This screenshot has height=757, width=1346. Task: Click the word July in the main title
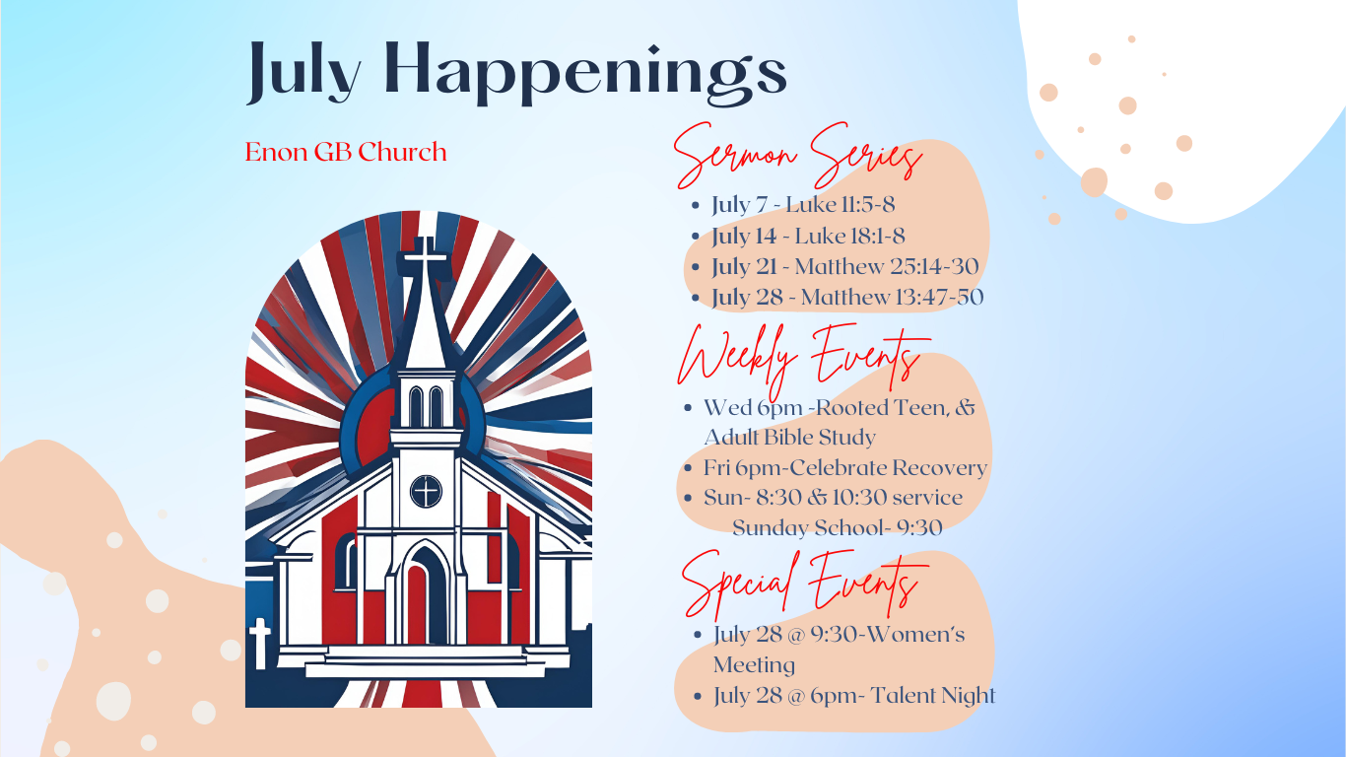(303, 71)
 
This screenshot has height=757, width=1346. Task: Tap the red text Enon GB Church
(346, 153)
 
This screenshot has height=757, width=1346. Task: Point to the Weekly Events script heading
(800, 357)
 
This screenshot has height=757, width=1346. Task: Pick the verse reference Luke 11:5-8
(840, 205)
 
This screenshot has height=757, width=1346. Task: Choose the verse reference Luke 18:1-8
(849, 236)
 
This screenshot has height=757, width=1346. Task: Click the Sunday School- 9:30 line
(837, 528)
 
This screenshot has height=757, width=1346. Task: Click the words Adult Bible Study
(789, 436)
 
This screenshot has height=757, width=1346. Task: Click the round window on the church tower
(426, 490)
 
